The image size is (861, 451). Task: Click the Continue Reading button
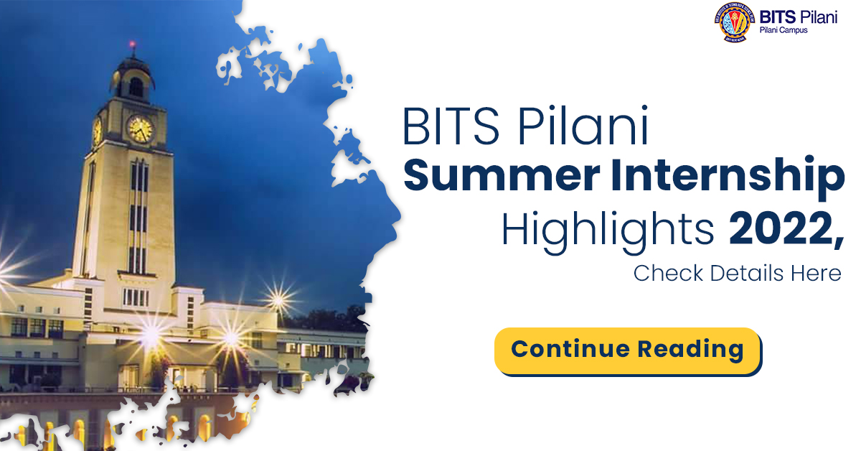(x=628, y=351)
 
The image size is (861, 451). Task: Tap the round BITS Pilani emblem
(x=735, y=22)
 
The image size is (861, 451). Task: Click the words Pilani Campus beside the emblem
(x=784, y=30)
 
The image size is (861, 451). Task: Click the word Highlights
(x=607, y=231)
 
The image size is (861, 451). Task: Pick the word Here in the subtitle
(x=816, y=273)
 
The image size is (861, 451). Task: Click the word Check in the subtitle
(x=668, y=273)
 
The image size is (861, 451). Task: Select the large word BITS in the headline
(x=451, y=126)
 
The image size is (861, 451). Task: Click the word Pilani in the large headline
(x=583, y=125)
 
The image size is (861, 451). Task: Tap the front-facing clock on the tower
(x=141, y=129)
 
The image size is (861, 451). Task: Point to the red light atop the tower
(x=133, y=44)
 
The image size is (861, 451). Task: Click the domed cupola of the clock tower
(x=133, y=79)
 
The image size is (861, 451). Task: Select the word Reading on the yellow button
(x=690, y=350)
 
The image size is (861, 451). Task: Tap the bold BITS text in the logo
(x=778, y=17)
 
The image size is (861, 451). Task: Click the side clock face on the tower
(x=97, y=131)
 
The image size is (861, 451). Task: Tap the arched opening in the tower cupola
(x=136, y=88)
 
